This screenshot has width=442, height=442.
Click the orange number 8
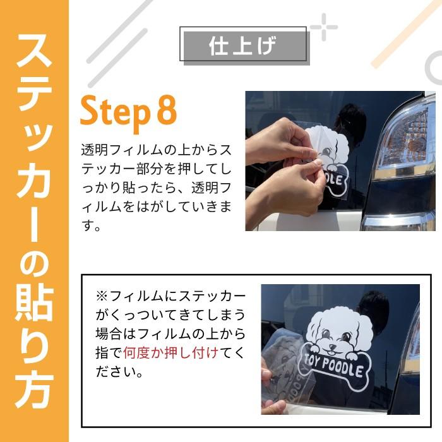coord(165,112)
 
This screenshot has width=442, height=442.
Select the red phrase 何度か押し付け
coord(170,352)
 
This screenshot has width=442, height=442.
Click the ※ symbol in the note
coord(102,296)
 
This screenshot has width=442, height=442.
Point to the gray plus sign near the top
coord(323,27)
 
